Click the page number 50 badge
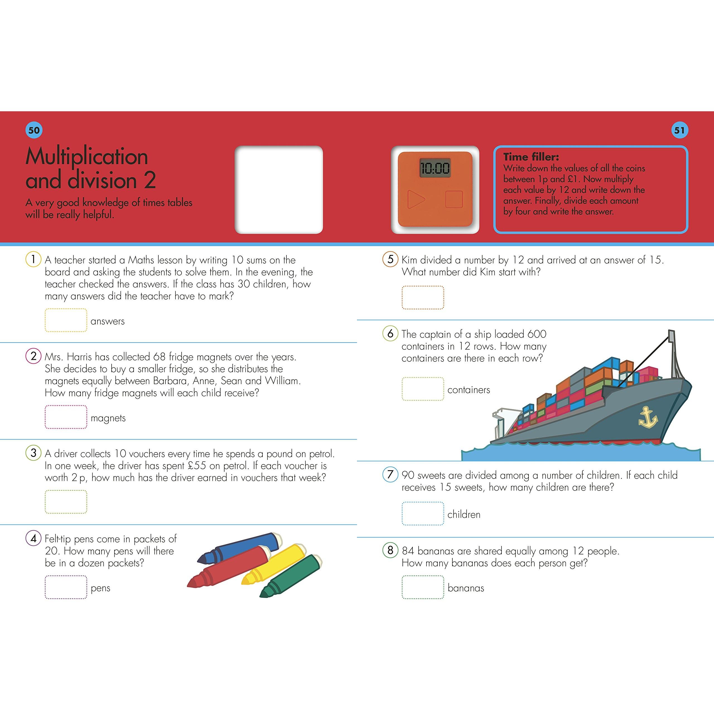point(34,130)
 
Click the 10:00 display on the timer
point(435,168)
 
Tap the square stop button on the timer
point(454,199)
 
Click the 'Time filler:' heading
point(531,157)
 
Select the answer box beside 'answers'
point(66,320)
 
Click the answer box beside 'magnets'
point(66,417)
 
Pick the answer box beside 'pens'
point(66,587)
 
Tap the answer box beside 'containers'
point(423,389)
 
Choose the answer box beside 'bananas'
point(423,587)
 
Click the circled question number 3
point(33,453)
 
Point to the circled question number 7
point(390,474)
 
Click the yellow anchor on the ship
point(648,417)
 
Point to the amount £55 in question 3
point(197,466)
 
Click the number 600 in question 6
point(537,334)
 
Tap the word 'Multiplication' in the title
point(87,156)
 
